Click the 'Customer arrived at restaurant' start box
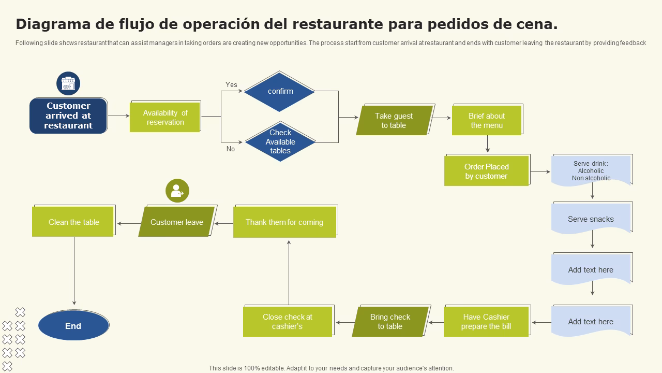pyautogui.click(x=68, y=116)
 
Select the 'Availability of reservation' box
pyautogui.click(x=165, y=118)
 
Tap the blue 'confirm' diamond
pyautogui.click(x=280, y=92)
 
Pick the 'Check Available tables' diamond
pyautogui.click(x=280, y=142)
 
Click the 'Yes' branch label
pyautogui.click(x=231, y=84)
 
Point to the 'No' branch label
pyautogui.click(x=231, y=149)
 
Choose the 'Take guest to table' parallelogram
pyautogui.click(x=394, y=121)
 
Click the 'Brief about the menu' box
pyautogui.click(x=487, y=121)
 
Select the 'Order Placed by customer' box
pyautogui.click(x=486, y=171)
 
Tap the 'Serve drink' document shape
pyautogui.click(x=591, y=170)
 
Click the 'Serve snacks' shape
pyautogui.click(x=591, y=219)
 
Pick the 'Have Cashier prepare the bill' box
pyautogui.click(x=486, y=322)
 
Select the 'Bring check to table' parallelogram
pyautogui.click(x=390, y=322)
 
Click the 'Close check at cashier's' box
pyautogui.click(x=288, y=322)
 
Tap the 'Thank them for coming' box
pyautogui.click(x=284, y=222)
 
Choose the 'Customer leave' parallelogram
pyautogui.click(x=177, y=222)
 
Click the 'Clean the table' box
pyautogui.click(x=73, y=222)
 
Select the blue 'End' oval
pyautogui.click(x=73, y=326)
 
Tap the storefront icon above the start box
pyautogui.click(x=68, y=83)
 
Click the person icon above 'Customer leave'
pyautogui.click(x=177, y=191)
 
